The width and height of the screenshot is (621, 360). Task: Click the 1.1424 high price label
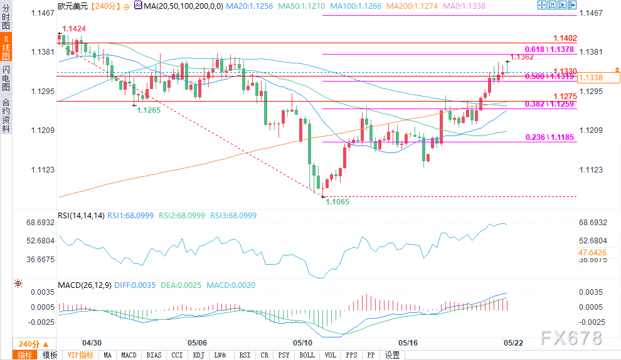(x=74, y=28)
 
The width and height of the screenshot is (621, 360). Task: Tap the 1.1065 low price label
(x=337, y=201)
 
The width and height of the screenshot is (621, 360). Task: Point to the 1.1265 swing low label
(x=149, y=110)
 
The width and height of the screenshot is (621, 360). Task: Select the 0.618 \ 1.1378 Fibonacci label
(x=549, y=49)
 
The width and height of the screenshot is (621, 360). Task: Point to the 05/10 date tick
(x=303, y=343)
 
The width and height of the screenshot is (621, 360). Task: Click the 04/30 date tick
(x=92, y=343)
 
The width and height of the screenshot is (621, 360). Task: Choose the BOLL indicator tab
(x=307, y=355)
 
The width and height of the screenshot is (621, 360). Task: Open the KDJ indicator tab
(x=198, y=355)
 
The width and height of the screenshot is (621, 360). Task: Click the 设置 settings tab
(x=393, y=355)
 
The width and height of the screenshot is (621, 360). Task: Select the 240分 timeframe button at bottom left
(x=29, y=344)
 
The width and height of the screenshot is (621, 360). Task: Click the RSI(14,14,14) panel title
(x=81, y=216)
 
